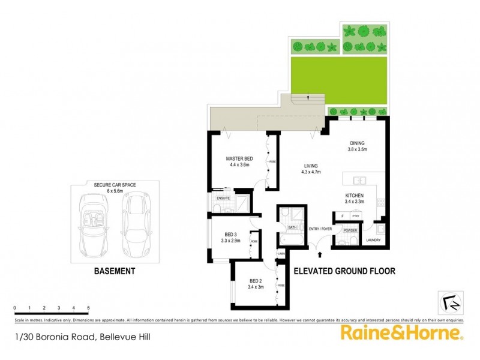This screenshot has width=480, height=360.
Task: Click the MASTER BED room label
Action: tap(238, 159)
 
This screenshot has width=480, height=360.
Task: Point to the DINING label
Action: tap(358, 143)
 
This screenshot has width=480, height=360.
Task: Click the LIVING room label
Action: tap(310, 166)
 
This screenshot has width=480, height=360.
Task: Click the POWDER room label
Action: tap(350, 230)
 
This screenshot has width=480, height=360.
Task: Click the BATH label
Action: tap(292, 227)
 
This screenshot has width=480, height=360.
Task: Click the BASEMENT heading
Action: tap(115, 271)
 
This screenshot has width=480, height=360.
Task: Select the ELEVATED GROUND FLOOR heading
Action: tap(344, 271)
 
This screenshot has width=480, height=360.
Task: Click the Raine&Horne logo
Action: tap(402, 334)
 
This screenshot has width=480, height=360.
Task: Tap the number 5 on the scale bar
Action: tap(88, 308)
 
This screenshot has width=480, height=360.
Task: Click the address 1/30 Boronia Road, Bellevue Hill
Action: tap(83, 337)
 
